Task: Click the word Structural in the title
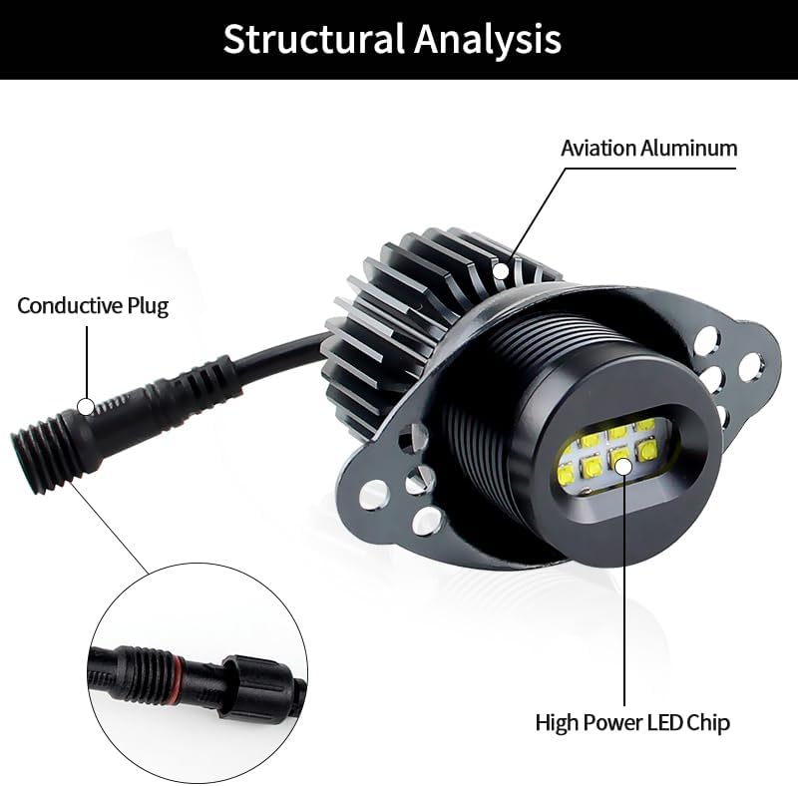pyautogui.click(x=312, y=40)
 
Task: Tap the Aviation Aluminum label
pyautogui.click(x=648, y=148)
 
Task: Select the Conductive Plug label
pyautogui.click(x=93, y=305)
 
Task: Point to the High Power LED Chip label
pyautogui.click(x=632, y=721)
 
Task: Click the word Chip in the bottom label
pyautogui.click(x=706, y=721)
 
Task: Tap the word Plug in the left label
pyautogui.click(x=148, y=305)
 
